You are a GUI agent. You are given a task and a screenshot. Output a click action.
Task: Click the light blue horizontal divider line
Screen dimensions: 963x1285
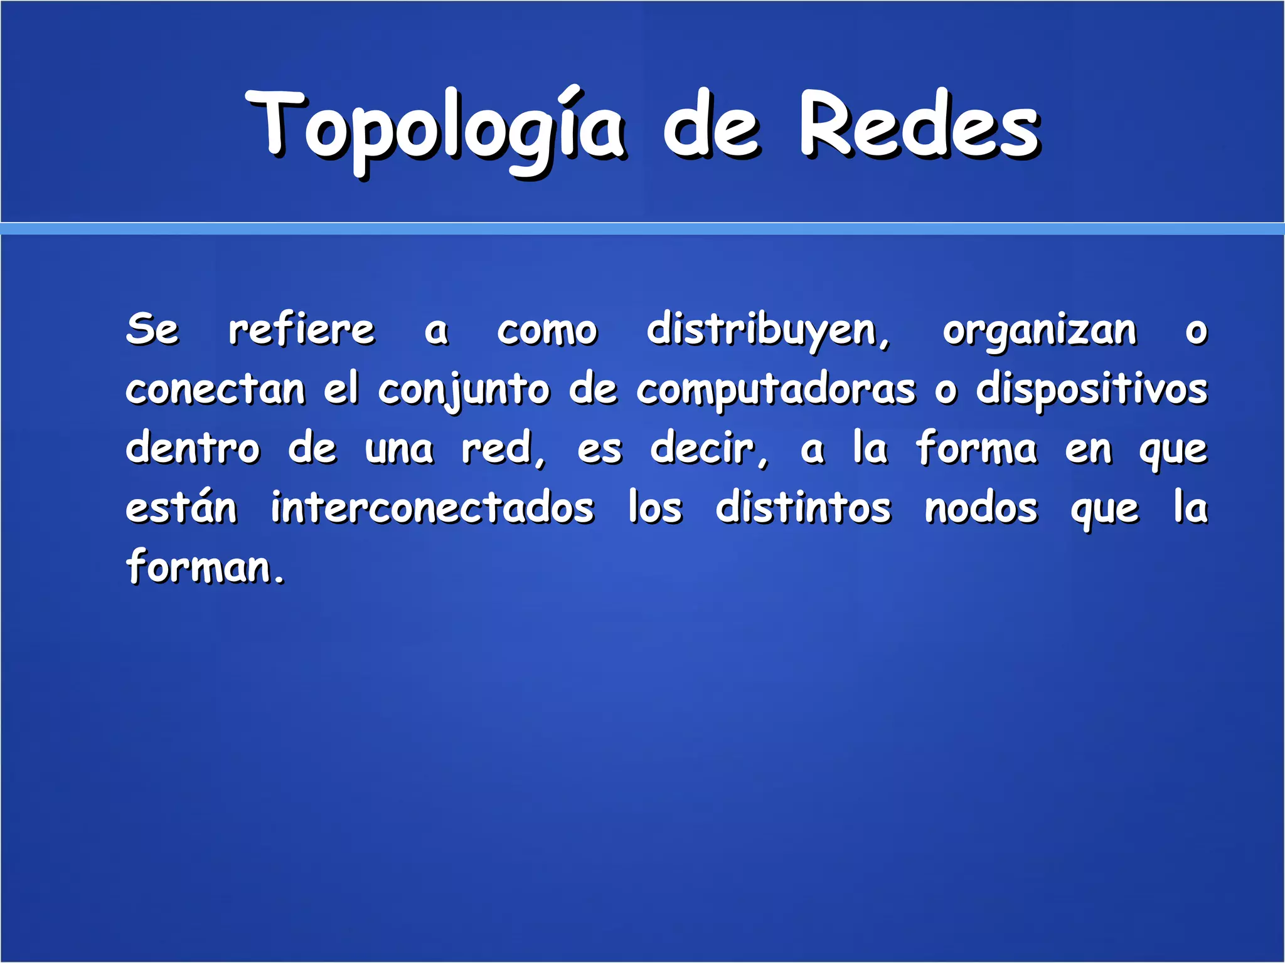click(642, 229)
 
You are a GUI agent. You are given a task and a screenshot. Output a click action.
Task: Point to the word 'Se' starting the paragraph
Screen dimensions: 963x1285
click(152, 329)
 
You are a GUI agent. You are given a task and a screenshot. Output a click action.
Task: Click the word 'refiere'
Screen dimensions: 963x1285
click(301, 329)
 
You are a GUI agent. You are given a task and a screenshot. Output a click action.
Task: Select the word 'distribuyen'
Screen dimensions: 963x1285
click(767, 330)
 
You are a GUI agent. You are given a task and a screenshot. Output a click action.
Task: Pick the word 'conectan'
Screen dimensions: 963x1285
click(215, 389)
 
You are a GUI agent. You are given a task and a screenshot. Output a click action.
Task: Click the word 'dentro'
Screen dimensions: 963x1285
click(193, 448)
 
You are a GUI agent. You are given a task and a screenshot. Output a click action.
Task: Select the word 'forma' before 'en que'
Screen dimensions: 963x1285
click(976, 448)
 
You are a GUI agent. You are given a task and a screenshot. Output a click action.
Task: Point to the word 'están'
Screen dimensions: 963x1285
click(181, 507)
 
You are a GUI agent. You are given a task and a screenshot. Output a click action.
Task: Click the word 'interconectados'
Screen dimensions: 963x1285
click(432, 507)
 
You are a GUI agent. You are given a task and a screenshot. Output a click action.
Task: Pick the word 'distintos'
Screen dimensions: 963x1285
click(803, 507)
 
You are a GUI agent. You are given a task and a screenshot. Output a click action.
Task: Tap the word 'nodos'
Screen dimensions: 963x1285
click(981, 507)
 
